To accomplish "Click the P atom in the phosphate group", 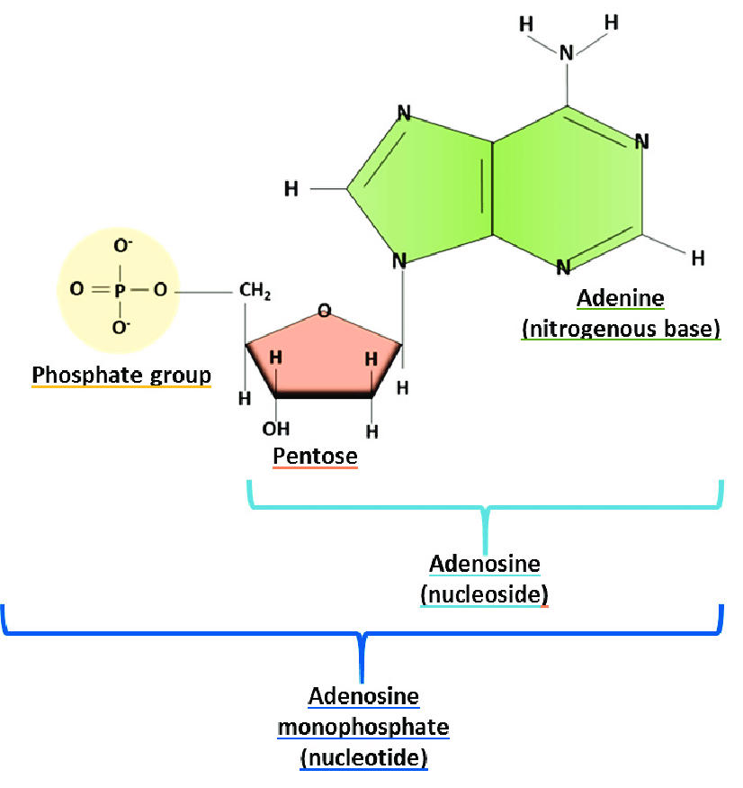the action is point(120,291).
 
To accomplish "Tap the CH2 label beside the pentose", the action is point(255,291).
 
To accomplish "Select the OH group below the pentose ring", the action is point(275,429).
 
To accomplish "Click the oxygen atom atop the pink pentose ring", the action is point(325,310).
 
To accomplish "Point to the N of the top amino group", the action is point(567,53).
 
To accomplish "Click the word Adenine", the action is point(621,298).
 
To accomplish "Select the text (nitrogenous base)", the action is point(621,330).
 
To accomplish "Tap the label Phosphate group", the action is point(121,376).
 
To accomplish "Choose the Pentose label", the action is point(315,456).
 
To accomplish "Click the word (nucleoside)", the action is point(485,594).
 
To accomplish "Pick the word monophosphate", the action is point(363,727).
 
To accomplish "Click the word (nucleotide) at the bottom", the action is point(364,758).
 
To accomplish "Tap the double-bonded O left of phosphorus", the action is point(76,289).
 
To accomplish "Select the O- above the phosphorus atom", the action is point(123,246).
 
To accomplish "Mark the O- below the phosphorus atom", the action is point(121,327).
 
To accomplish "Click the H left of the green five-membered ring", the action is point(291,189).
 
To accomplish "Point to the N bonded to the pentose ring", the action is point(399,261).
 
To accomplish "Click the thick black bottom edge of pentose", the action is point(324,395).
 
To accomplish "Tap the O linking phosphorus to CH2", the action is point(160,289).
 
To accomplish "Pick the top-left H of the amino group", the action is point(526,24).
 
